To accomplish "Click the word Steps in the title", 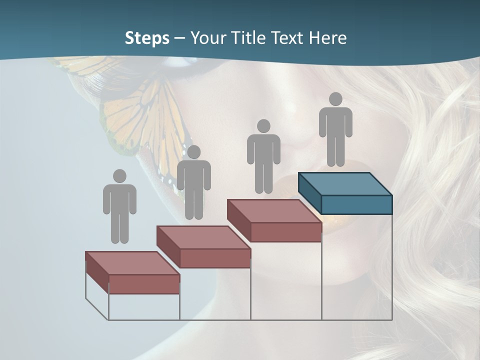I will coord(147,38).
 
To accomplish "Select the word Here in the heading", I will coord(328,38).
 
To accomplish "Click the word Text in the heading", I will coord(290,38).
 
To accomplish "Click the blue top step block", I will coord(345,192).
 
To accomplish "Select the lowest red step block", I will coord(132,272).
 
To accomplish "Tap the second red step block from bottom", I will coord(203,246).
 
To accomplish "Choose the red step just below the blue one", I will coord(274,220).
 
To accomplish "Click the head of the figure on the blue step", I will coord(335,99).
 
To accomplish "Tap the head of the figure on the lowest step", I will coord(119,176).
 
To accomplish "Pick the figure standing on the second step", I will coord(193,182).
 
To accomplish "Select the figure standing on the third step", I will coord(263,156).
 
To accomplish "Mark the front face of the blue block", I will coord(356,204).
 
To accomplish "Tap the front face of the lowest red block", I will coord(144,284).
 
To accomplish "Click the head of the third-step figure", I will coord(263,126).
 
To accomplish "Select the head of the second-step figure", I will coord(193,152).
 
